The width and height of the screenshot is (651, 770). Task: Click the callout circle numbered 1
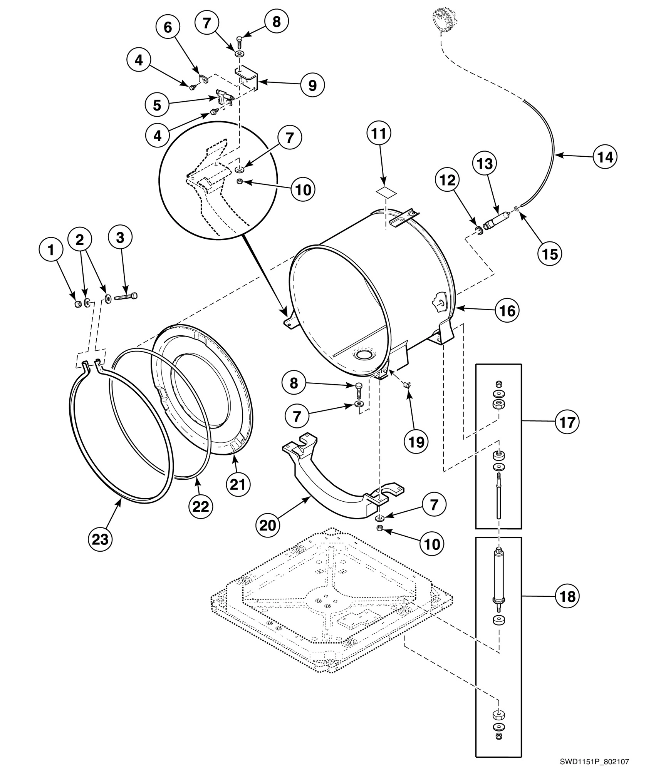(x=50, y=250)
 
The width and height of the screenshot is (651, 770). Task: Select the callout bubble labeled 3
(x=120, y=238)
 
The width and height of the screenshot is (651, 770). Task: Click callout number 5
(x=157, y=105)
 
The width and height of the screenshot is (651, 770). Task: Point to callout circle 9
(x=312, y=85)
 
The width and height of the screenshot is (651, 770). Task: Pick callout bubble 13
(x=485, y=164)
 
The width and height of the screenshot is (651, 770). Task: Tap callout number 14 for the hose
(x=604, y=157)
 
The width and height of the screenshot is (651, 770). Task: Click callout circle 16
(x=507, y=310)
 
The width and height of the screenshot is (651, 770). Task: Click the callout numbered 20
(x=268, y=525)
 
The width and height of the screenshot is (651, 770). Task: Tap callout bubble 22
(x=201, y=506)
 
